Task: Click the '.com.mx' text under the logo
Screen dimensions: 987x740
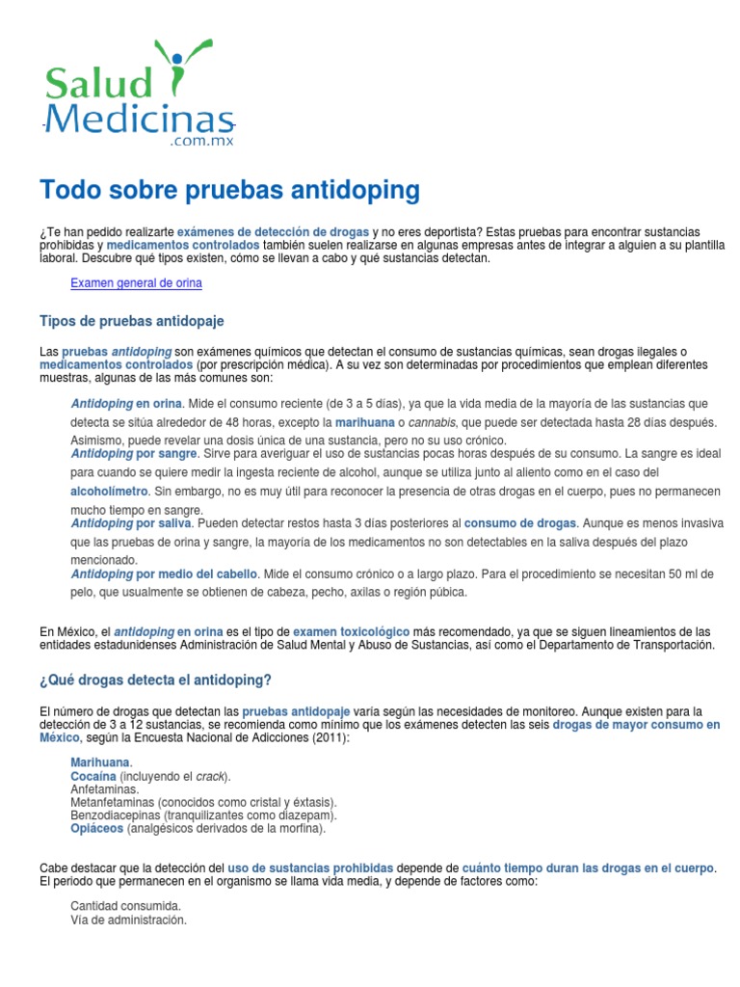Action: click(x=201, y=141)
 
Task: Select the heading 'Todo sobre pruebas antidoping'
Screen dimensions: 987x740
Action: click(x=229, y=190)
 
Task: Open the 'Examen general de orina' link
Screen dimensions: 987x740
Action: click(x=136, y=283)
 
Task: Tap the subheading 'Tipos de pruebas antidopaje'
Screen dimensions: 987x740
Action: click(x=131, y=320)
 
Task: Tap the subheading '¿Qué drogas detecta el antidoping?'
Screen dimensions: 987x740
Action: click(x=155, y=680)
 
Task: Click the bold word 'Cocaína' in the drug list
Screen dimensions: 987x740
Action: click(x=93, y=776)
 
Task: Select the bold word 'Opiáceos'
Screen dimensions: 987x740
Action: click(x=96, y=828)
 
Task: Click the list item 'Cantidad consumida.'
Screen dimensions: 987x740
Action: click(x=125, y=906)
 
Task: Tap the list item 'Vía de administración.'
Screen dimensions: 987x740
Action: click(x=128, y=920)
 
